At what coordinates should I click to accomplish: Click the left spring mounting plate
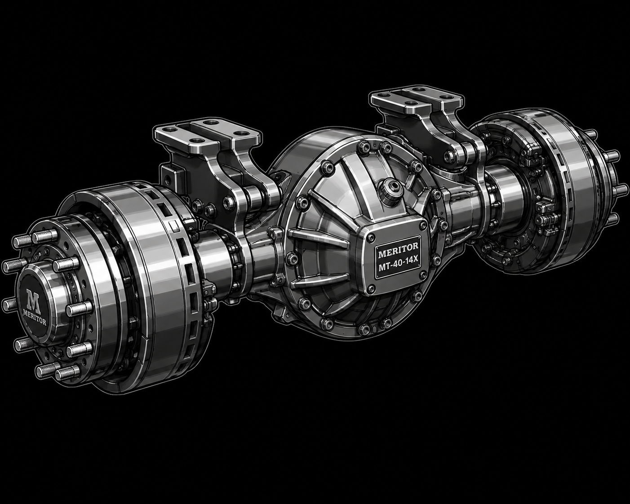[x=208, y=135]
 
